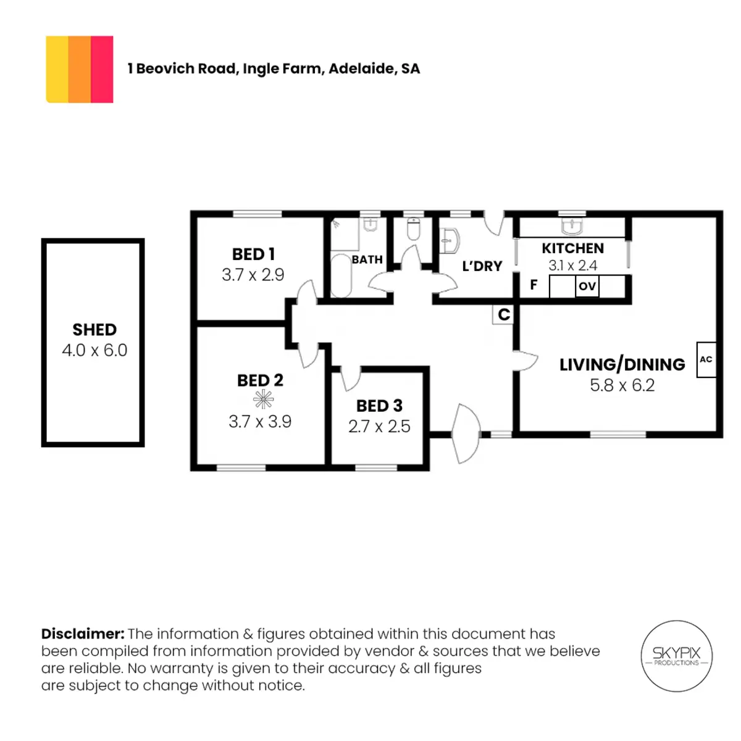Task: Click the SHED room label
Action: tap(94, 330)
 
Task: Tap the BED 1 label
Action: tap(253, 254)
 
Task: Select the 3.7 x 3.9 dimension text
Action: tap(260, 422)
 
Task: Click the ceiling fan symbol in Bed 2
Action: tap(264, 399)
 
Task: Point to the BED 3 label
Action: tap(379, 406)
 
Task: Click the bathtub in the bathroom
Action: tap(341, 275)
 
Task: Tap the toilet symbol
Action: tap(413, 229)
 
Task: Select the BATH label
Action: tap(367, 259)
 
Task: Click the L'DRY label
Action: tap(482, 266)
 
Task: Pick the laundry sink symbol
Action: tap(449, 241)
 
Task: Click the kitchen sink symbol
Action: tap(572, 227)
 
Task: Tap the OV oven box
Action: tap(587, 286)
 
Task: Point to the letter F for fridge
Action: tap(534, 285)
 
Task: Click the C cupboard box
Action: tap(503, 314)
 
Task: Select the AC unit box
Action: tap(706, 359)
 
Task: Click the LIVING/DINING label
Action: tap(622, 364)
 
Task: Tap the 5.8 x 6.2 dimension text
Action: tap(622, 385)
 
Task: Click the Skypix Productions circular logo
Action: tap(676, 656)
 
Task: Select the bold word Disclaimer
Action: tap(83, 634)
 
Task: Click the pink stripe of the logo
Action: tap(102, 70)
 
